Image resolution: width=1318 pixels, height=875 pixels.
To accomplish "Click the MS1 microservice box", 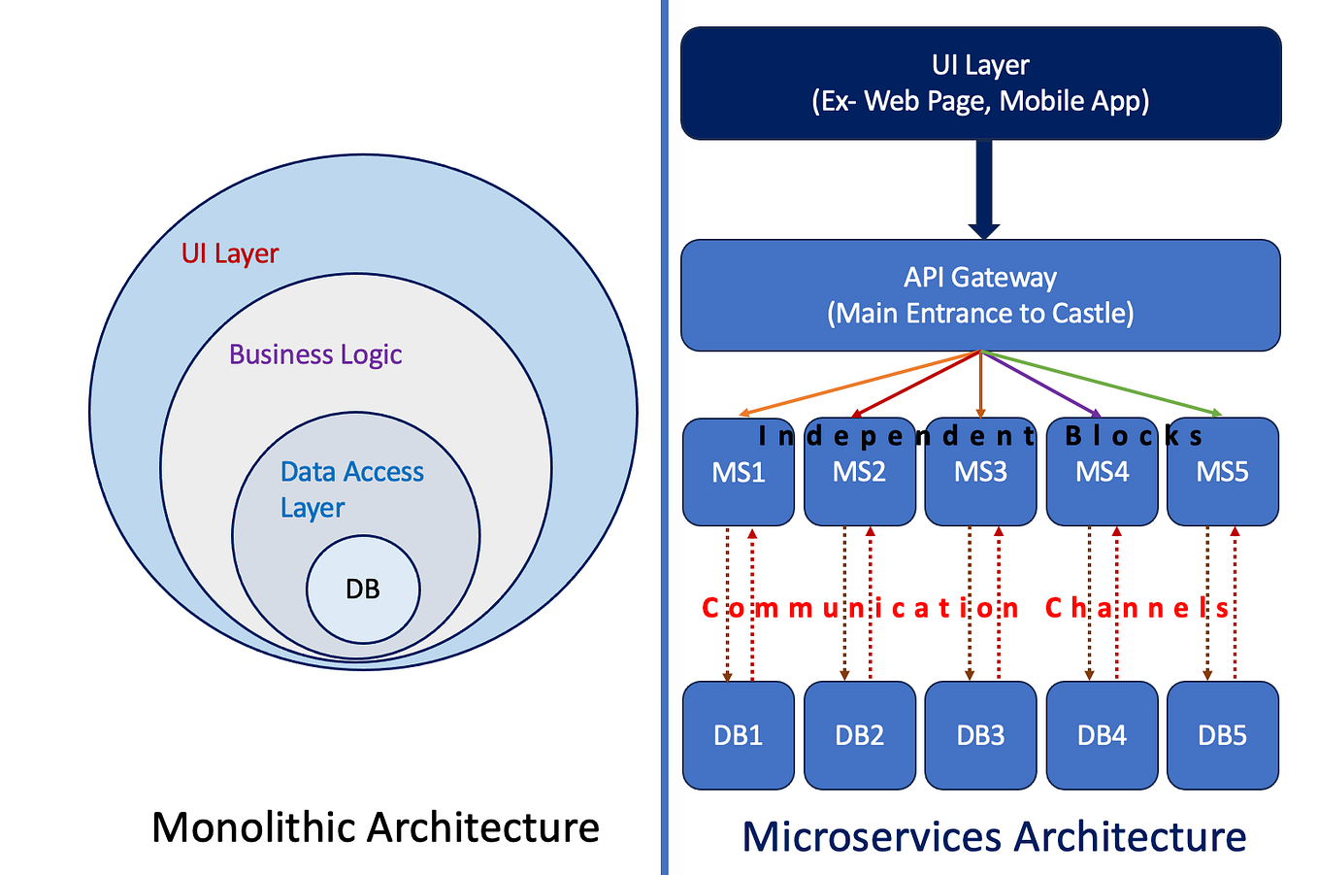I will [738, 486].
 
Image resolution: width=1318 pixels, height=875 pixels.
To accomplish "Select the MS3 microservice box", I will [980, 486].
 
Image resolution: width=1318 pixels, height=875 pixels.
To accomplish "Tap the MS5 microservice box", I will [1222, 486].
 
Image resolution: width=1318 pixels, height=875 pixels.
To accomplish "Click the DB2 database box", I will [859, 735].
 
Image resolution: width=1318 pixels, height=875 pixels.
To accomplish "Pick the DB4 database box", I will [1102, 735].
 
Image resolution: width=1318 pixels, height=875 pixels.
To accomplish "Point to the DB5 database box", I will [1222, 735].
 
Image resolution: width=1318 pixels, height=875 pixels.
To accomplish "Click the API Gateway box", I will [980, 295].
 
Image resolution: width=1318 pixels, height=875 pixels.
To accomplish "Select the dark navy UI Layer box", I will [980, 83].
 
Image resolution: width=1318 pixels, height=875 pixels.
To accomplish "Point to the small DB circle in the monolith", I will [363, 589].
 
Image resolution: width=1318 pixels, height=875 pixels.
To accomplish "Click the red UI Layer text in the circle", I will [230, 253].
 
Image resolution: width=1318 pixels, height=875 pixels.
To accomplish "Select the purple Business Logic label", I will [315, 354].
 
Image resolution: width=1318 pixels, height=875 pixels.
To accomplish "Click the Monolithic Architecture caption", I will [376, 827].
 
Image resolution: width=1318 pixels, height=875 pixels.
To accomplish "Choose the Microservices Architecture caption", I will [994, 836].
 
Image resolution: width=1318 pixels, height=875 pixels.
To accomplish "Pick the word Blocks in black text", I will [1134, 436].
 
